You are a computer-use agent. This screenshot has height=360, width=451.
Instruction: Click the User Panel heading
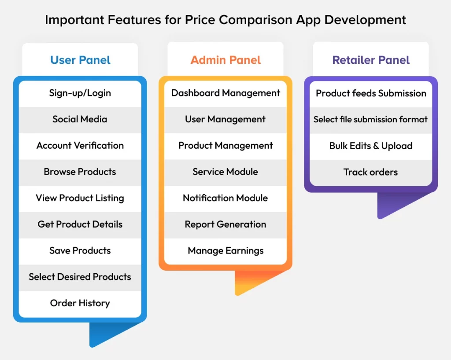point(80,60)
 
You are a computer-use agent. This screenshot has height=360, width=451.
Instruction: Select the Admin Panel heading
point(225,60)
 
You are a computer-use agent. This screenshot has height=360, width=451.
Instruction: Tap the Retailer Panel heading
point(371,60)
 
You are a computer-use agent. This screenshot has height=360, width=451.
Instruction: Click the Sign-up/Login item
point(80,93)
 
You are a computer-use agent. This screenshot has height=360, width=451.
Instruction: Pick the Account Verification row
point(80,145)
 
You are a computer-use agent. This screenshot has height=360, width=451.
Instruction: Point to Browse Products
point(80,172)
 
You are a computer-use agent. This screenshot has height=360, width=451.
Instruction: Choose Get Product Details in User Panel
point(80,224)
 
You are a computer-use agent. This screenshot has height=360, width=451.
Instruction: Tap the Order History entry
point(80,303)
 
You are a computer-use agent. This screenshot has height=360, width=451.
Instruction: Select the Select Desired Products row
point(80,277)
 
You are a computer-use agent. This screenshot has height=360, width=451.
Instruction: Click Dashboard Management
point(225,93)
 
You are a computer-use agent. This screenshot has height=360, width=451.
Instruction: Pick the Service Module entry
point(225,172)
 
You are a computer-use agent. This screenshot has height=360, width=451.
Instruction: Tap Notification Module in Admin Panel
point(225,198)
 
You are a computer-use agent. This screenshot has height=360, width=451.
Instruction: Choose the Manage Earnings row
point(225,250)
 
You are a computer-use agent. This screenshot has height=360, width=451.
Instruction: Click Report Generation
point(225,224)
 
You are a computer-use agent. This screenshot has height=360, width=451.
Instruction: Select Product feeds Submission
point(371,93)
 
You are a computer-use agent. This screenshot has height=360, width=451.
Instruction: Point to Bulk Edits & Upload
point(371,146)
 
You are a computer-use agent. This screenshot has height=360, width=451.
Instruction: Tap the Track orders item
point(371,172)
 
